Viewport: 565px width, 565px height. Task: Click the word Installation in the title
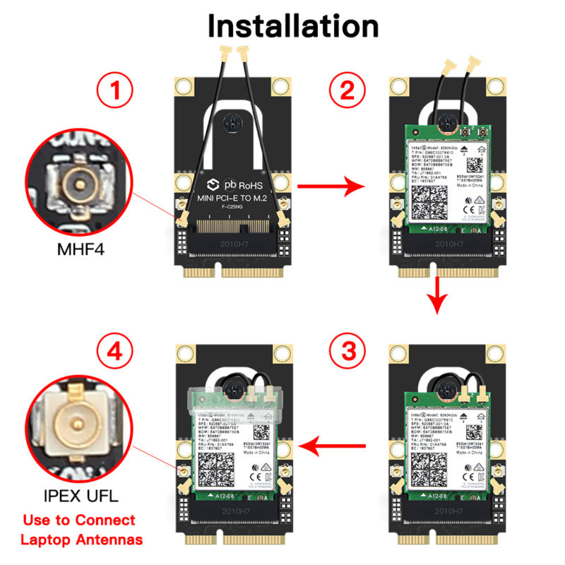(x=292, y=25)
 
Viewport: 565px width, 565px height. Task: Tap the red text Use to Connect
(x=78, y=521)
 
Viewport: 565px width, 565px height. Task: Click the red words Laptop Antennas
(x=81, y=540)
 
